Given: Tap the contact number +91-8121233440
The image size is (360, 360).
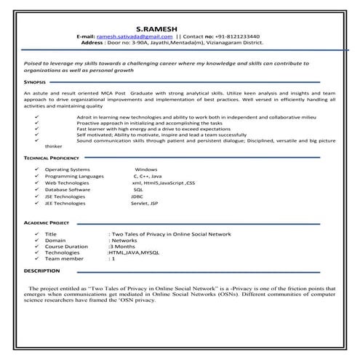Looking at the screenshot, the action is pos(239,36).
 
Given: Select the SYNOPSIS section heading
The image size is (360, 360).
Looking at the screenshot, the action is pos(34,84).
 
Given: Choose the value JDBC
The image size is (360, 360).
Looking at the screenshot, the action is pos(137,197).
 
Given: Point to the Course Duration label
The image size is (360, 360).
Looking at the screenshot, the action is pos(66,247).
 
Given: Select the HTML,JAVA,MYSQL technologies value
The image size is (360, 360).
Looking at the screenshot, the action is pos(133,252).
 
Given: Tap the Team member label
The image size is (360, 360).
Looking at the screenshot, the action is pos(64,259).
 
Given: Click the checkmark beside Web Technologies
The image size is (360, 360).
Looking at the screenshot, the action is pos(37,183).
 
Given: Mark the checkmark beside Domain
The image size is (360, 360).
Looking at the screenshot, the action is pos(36,240).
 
